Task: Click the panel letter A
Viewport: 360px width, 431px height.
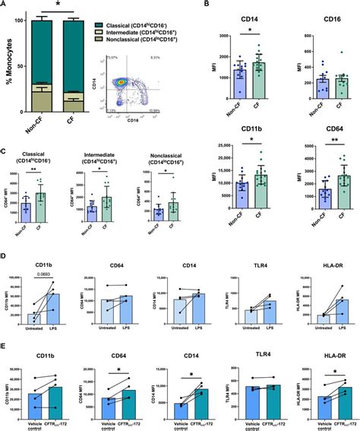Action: click(x=5, y=5)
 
